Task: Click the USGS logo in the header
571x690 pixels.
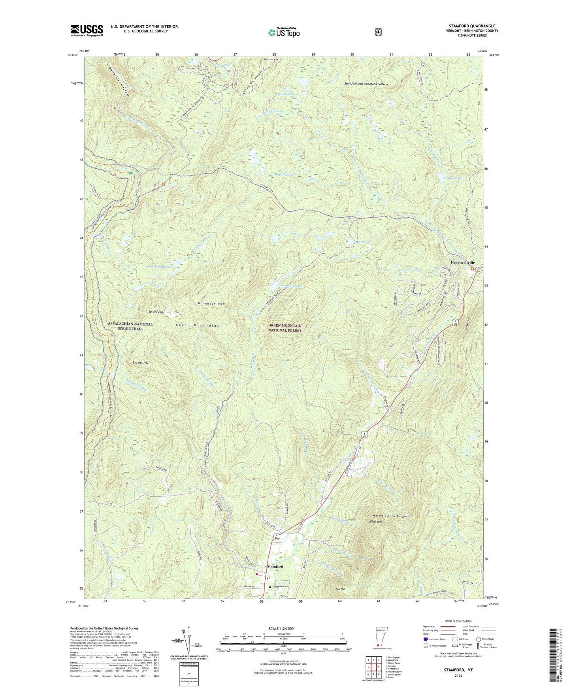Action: pos(87,30)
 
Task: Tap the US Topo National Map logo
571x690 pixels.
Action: pos(284,32)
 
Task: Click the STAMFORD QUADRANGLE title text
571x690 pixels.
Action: pos(472,26)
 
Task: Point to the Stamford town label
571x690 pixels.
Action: pos(275,567)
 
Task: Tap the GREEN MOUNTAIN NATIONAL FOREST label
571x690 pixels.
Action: pos(285,328)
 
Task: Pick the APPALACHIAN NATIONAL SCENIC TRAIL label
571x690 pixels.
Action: pos(130,326)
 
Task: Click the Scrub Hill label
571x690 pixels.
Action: pos(141,363)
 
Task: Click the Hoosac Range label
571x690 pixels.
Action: pos(390,516)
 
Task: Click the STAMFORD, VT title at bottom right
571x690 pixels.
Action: pos(459,670)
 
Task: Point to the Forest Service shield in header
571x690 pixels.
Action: pos(378,32)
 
